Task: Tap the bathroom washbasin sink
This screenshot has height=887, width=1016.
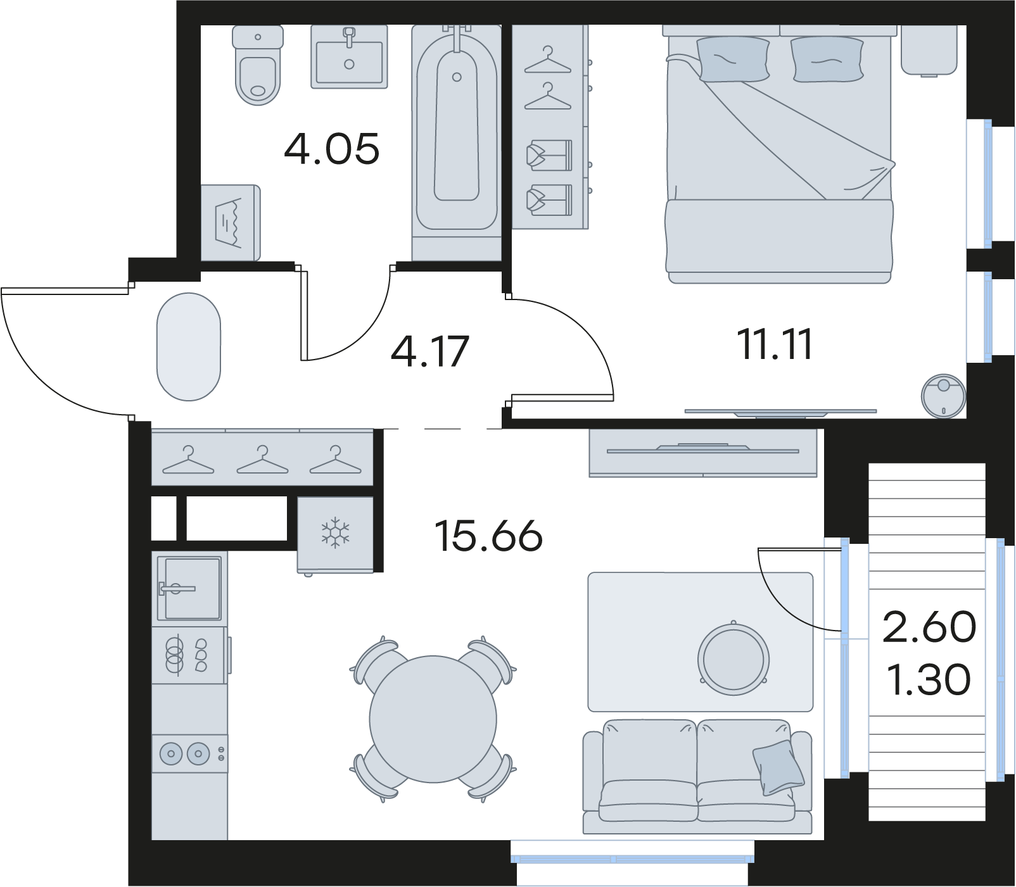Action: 349,57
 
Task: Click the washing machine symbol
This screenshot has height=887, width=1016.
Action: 231,222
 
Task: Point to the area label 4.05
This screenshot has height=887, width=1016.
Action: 332,149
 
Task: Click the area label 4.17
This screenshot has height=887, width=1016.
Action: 430,352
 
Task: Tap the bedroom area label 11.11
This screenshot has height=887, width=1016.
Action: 774,345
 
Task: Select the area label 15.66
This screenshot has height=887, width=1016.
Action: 488,536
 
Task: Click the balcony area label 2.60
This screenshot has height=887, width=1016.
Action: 929,627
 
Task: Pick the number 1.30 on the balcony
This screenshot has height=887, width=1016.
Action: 929,679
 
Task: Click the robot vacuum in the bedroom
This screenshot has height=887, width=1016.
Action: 943,396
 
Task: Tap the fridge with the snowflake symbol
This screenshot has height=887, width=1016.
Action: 335,535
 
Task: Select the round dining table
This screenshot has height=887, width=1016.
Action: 433,719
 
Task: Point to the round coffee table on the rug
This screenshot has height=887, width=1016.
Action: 733,659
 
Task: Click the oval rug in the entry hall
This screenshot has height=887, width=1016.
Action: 189,346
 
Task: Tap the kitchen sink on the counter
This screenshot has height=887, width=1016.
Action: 189,588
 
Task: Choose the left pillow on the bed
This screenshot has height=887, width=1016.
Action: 733,59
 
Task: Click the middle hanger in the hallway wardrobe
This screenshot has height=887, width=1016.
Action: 262,460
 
